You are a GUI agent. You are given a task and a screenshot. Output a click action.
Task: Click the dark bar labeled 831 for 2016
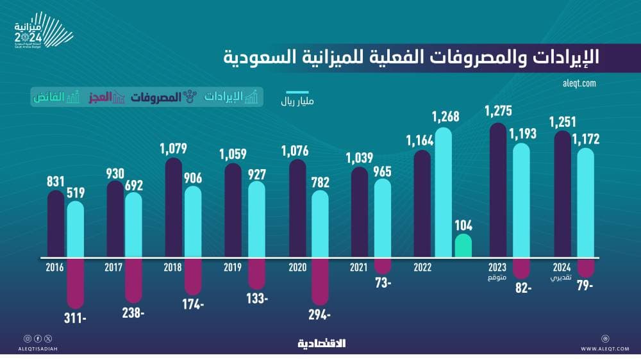(x=56, y=224)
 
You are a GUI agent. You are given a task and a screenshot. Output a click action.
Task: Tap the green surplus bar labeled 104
(x=463, y=246)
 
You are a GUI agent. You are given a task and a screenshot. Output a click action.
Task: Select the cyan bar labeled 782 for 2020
(x=320, y=224)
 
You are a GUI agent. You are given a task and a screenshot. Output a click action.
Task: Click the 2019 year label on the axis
(x=232, y=268)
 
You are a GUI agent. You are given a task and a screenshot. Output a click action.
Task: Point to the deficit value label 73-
(x=382, y=282)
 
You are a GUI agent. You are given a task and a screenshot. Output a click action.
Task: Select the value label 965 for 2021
(x=382, y=171)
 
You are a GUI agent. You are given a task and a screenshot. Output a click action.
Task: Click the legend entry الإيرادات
(x=231, y=97)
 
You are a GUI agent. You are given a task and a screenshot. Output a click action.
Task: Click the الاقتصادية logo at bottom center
(x=321, y=343)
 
